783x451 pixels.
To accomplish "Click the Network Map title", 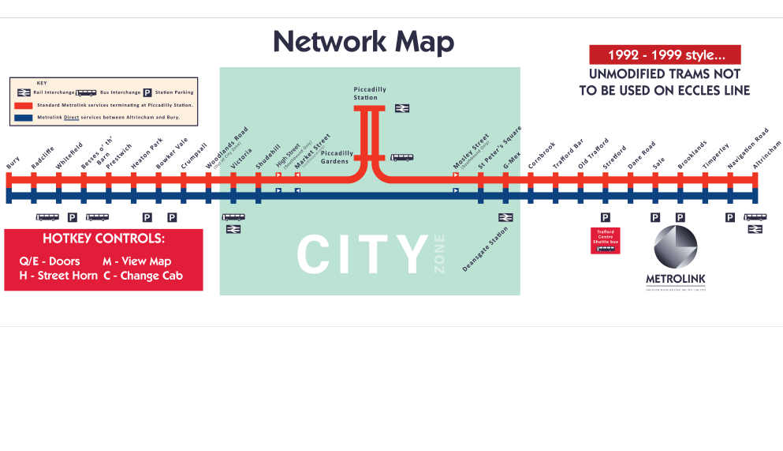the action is point(364,42).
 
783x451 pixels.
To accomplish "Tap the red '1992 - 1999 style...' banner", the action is point(665,55).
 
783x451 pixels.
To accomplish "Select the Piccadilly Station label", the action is point(370,93).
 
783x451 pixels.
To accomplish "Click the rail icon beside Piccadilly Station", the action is point(402,108).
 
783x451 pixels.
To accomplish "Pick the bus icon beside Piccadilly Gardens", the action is point(401,157).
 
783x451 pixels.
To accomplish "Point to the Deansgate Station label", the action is point(486,250).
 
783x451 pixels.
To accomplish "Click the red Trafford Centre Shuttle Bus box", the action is point(606,240).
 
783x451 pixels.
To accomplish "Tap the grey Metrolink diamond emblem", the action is point(676,246).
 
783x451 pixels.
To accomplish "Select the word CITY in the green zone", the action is point(363,255).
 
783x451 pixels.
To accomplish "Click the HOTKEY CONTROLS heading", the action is point(103,239).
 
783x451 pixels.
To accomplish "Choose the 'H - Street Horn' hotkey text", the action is point(58,276).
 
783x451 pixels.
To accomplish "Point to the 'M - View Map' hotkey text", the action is point(136,261).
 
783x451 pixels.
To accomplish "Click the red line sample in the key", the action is point(24,104).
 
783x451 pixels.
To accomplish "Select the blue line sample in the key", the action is point(24,117).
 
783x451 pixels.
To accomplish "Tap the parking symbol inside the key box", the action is point(147,92).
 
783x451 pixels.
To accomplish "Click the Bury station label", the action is point(13,161).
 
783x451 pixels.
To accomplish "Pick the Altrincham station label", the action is point(767,155).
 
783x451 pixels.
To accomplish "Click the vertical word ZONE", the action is point(439,254).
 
